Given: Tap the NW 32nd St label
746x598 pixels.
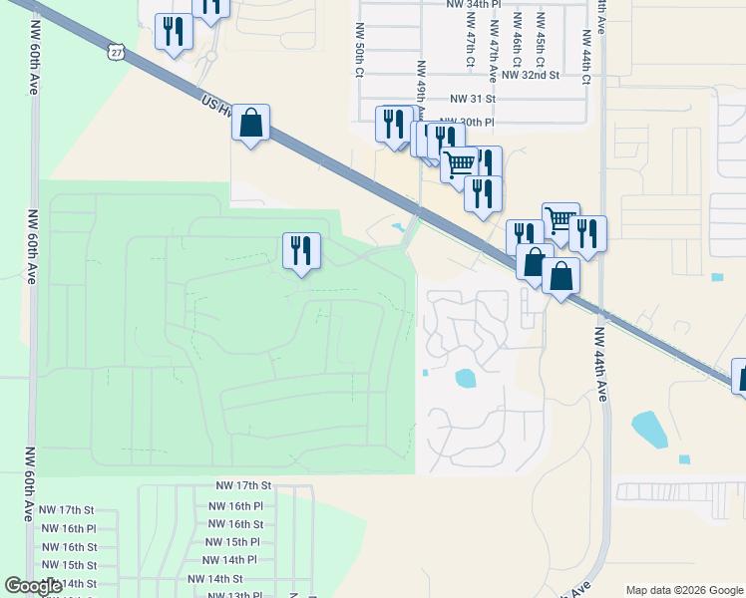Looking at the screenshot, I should click(530, 75).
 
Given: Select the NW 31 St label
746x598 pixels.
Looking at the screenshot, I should click(472, 99).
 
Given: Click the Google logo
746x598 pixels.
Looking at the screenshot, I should click(34, 586).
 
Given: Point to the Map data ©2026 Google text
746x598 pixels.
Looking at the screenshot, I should click(683, 590).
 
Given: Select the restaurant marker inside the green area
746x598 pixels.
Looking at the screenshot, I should click(301, 250).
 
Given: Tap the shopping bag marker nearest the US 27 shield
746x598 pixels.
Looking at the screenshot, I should click(251, 125).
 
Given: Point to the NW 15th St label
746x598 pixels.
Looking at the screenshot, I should click(70, 565).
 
